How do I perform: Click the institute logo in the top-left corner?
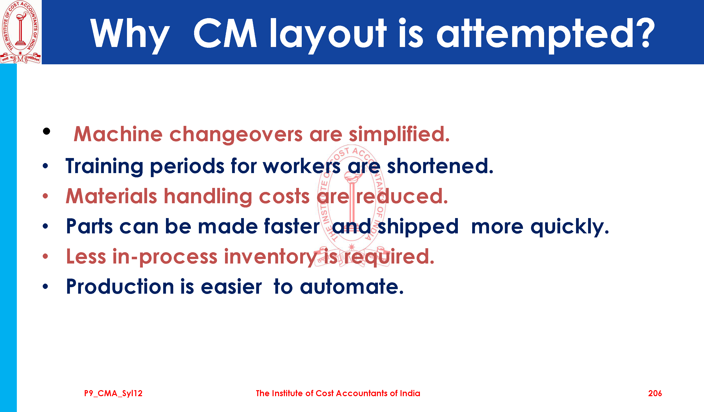(20, 32)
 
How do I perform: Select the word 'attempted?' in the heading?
(546, 35)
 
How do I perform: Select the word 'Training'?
(105, 167)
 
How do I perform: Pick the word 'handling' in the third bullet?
(208, 196)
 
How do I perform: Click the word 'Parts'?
(90, 226)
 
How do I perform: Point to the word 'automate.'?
(352, 287)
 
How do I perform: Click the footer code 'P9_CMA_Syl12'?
(113, 394)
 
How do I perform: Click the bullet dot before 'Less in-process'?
(45, 256)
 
